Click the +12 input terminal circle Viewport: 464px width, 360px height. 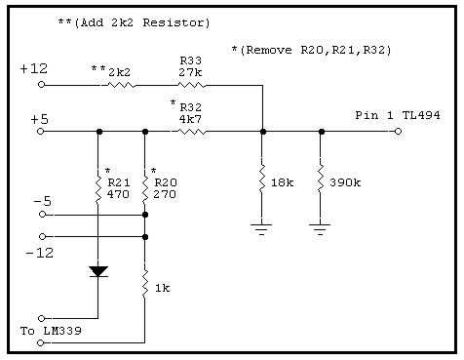(41, 85)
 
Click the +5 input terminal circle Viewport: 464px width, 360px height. (41, 132)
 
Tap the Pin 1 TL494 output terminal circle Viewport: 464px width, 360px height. (398, 131)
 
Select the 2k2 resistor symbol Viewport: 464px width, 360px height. (121, 85)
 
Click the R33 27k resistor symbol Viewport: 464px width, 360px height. (192, 85)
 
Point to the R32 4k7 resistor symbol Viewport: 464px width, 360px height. (192, 132)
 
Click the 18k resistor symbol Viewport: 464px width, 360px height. (262, 179)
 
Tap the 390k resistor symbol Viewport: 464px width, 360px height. (321, 179)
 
